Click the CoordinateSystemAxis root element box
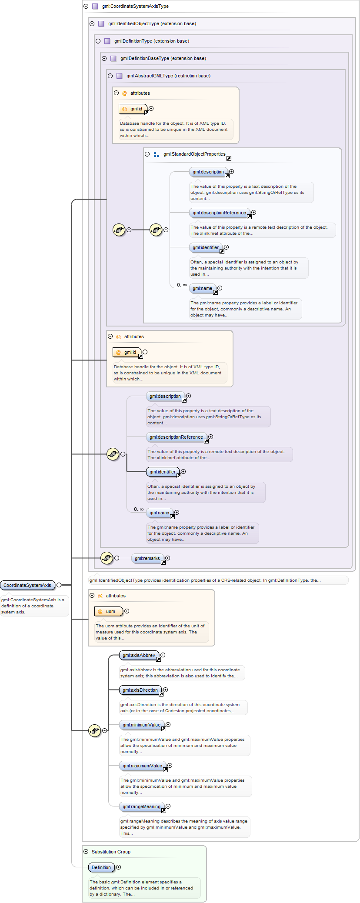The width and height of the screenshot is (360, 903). pos(27,585)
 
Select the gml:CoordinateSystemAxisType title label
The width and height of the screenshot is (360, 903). pos(135,7)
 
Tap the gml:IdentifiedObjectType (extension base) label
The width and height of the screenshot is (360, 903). pos(152,24)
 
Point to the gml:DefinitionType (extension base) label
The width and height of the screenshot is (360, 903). pos(151,41)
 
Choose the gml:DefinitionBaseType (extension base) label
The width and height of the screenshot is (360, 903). pos(163,59)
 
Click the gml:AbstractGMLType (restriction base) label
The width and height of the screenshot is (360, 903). pos(168,76)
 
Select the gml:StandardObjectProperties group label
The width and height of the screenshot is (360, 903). pos(194,154)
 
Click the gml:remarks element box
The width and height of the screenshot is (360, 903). pos(147,558)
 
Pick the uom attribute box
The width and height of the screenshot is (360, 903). pos(109,611)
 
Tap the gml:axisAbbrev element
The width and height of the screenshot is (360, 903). pos(139,655)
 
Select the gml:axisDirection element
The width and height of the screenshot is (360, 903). pos(140,690)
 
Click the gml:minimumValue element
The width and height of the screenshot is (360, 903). pos(141,725)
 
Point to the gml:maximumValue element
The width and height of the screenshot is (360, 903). pos(142,766)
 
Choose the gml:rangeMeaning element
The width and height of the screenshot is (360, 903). pos(141,806)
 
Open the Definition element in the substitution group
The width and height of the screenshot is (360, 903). pos(101,867)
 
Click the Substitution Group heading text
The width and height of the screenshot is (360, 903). pos(111,852)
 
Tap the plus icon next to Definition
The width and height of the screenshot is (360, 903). pos(118,867)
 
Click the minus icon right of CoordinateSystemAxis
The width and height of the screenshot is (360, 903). pos(59,585)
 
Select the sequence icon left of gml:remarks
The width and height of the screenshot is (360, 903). pos(107,558)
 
